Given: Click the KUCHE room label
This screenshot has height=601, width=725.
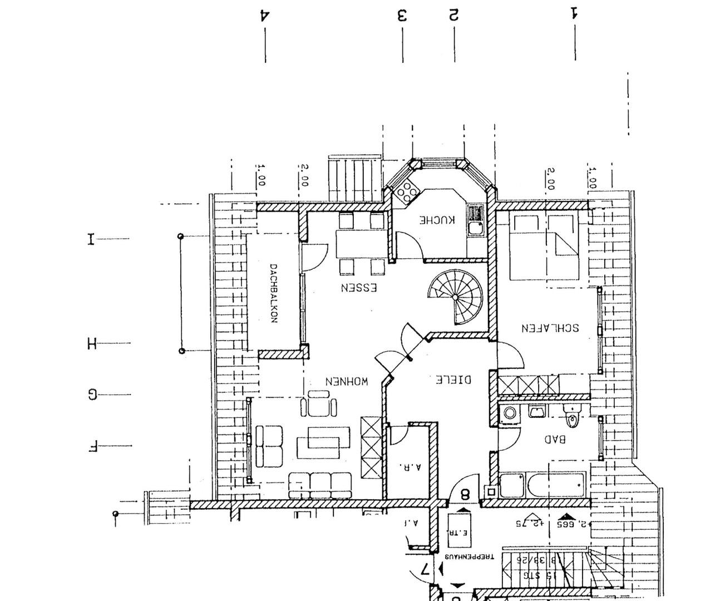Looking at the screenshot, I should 437,220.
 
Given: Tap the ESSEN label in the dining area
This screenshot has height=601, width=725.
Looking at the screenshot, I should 359,288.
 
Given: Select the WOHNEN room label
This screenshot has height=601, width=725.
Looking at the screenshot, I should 346,382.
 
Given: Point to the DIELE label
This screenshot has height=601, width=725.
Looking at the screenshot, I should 453,380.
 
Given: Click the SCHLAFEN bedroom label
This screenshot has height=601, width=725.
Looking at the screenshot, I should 549,328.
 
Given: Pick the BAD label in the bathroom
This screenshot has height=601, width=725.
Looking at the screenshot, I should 555,439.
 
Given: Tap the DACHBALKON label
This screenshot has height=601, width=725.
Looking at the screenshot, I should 273,293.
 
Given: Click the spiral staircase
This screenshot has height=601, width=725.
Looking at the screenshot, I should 456,297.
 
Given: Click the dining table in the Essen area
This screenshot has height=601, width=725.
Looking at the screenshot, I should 361,244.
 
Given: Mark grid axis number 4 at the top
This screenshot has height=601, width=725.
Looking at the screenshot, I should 265,15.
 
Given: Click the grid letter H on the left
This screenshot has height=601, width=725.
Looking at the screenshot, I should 92,343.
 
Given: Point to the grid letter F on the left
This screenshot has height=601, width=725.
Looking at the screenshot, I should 92,446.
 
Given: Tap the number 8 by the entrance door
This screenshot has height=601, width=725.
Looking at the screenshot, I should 465,494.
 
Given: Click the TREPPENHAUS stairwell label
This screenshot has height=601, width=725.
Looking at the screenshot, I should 468,556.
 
